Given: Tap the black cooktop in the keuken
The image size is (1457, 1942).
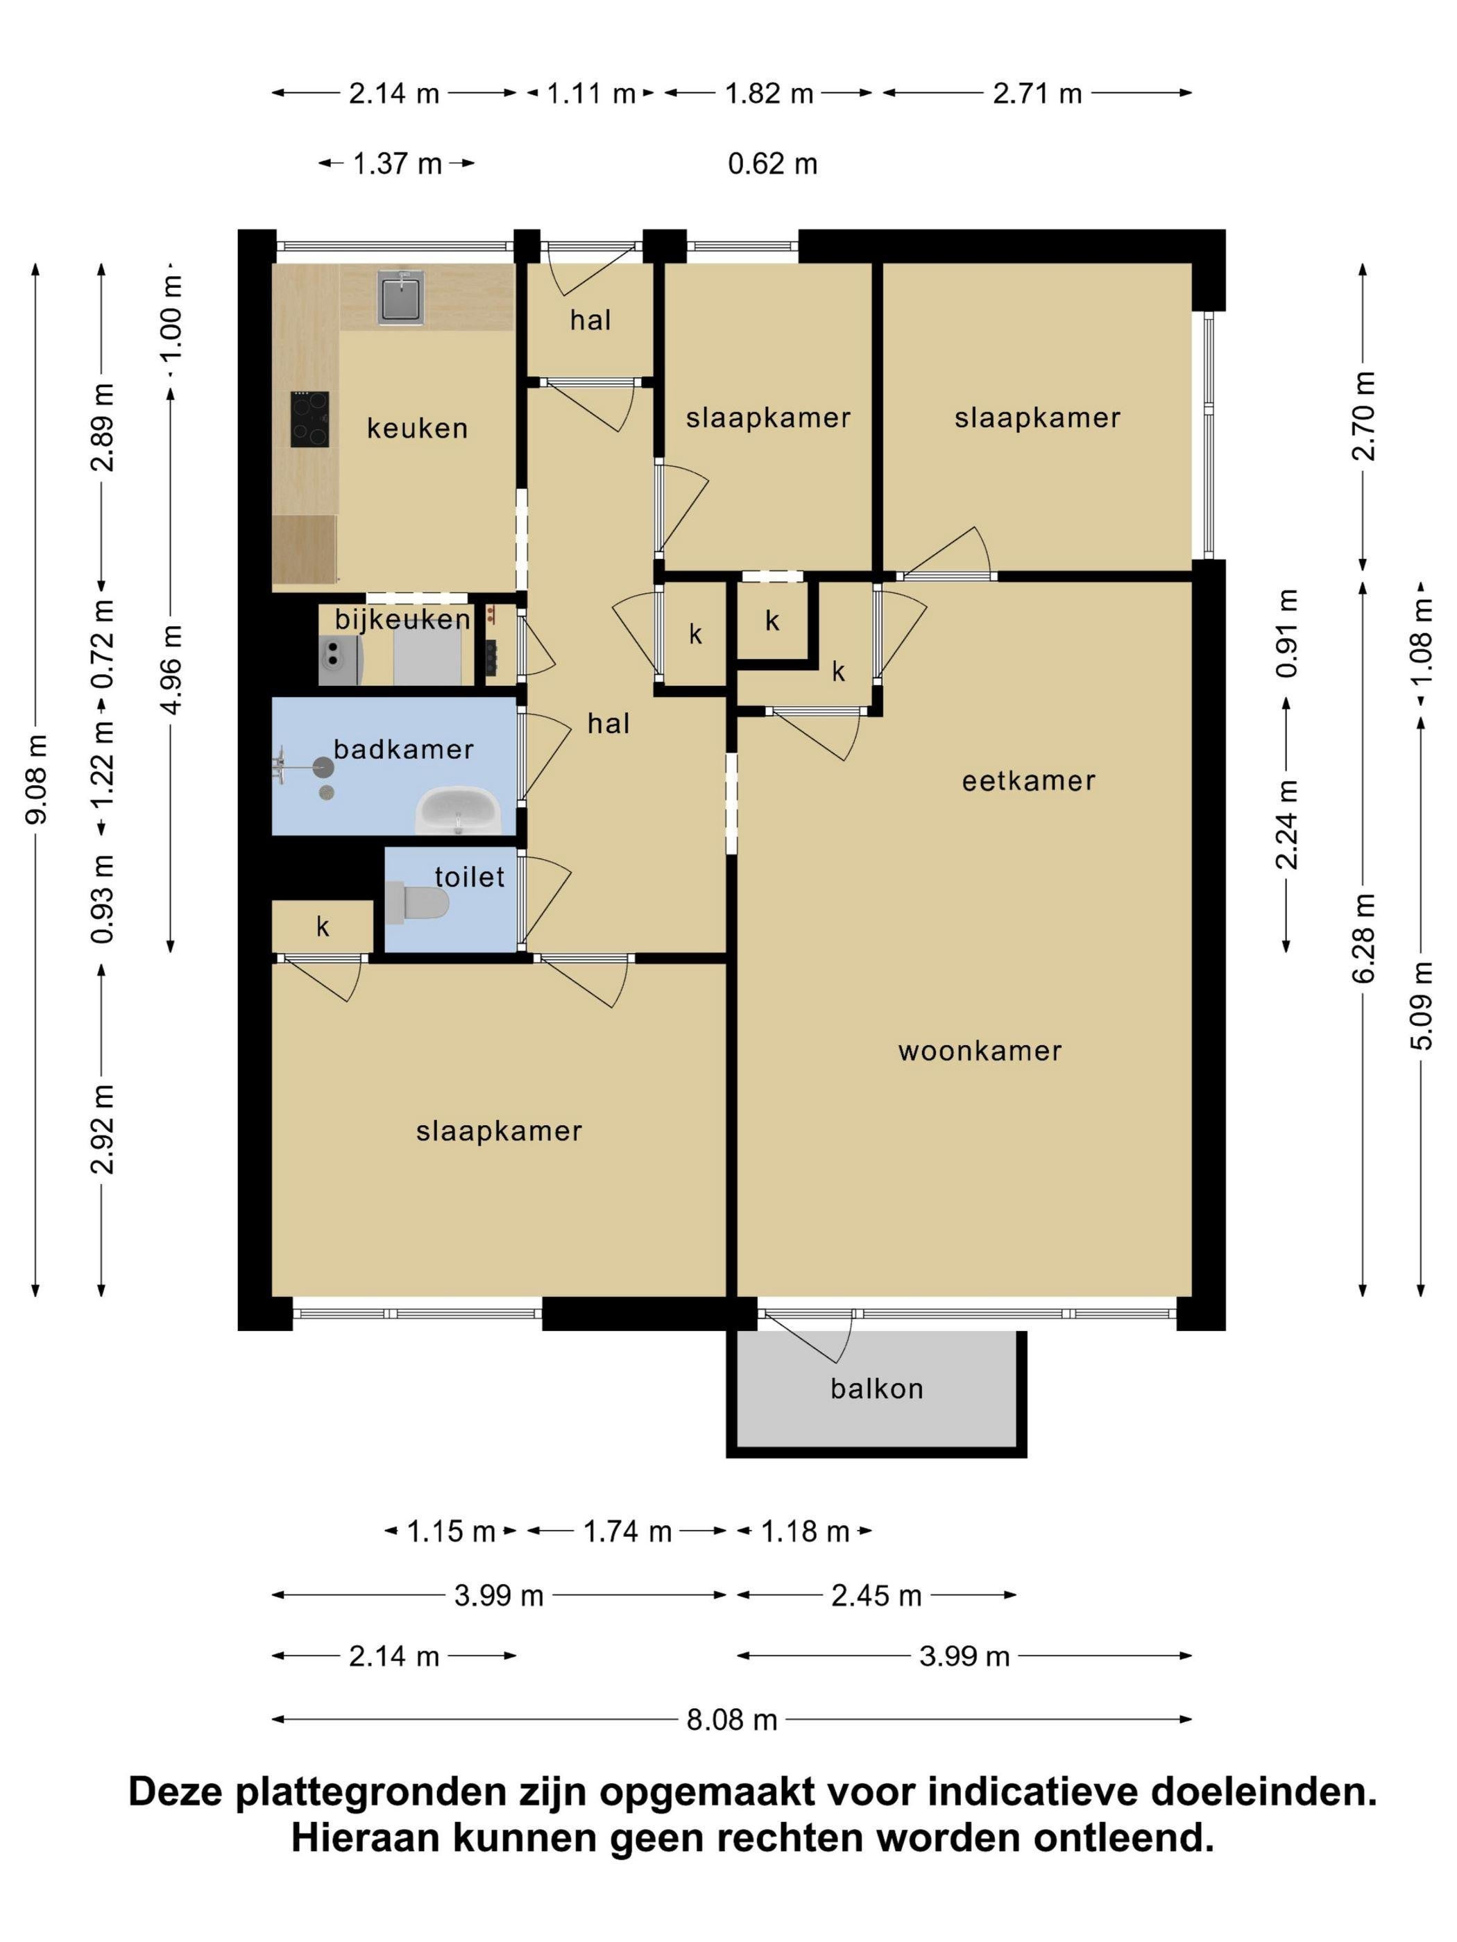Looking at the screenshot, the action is tap(310, 419).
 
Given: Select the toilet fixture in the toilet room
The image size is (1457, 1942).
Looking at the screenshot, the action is tap(416, 902).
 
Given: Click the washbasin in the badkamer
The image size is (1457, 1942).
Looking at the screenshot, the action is tap(457, 810).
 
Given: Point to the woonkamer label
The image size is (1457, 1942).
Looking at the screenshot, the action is tap(980, 1050).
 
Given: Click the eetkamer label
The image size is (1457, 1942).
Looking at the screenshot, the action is tap(1028, 780).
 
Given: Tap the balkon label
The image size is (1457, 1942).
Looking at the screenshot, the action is tap(876, 1388).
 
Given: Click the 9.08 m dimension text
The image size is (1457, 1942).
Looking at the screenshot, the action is tap(36, 779).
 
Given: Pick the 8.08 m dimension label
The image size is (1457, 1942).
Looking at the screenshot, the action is tap(733, 1719).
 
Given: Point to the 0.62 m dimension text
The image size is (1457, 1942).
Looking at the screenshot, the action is tap(773, 163).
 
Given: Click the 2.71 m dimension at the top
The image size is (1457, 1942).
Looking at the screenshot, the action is tap(1037, 93).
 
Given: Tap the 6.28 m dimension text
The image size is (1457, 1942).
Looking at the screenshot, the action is tap(1363, 937).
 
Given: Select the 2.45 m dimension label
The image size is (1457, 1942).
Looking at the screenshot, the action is tap(876, 1595).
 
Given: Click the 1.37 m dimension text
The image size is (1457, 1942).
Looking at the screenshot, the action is tap(397, 163).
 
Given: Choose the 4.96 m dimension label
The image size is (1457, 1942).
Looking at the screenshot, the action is tap(171, 669).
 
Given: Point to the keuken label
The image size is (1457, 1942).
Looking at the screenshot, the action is tap(417, 429).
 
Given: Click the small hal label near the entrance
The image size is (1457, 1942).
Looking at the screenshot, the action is tap(590, 320).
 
